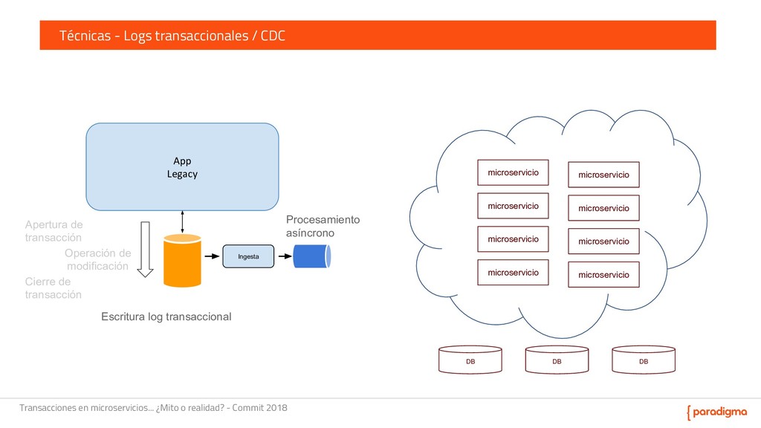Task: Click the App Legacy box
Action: [182, 166]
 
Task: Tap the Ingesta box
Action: [248, 256]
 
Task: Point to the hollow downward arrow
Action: [146, 249]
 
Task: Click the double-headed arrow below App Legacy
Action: [182, 221]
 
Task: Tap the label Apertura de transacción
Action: [54, 231]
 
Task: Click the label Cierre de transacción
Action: [53, 288]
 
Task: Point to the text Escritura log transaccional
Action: [166, 317]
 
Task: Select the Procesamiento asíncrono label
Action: [323, 227]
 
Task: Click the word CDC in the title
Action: [273, 36]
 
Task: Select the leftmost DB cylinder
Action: [470, 360]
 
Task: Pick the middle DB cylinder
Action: [557, 360]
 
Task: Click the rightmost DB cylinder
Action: [644, 360]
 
